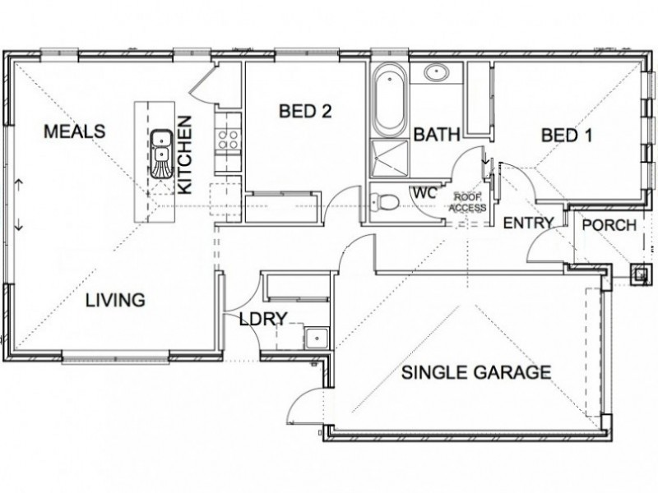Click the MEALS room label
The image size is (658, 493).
point(75,131)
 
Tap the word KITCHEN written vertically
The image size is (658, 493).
point(184,155)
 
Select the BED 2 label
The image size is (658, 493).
point(305,112)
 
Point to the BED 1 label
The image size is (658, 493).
point(567,136)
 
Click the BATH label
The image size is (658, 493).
point(437,135)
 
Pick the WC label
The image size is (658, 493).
point(425,193)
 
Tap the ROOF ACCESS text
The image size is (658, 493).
point(470,202)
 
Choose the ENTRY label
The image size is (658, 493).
point(529,223)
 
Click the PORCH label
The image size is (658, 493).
point(609,225)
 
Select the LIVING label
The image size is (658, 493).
point(115,300)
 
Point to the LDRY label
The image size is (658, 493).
point(263,319)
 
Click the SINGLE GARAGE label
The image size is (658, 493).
point(476,372)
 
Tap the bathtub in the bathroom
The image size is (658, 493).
point(390,100)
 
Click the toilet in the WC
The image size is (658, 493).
point(384,202)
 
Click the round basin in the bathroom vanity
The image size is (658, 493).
point(437,73)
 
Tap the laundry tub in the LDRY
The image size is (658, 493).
point(317,338)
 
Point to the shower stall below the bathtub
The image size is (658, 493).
point(389,158)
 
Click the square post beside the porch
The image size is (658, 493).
point(641,274)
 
